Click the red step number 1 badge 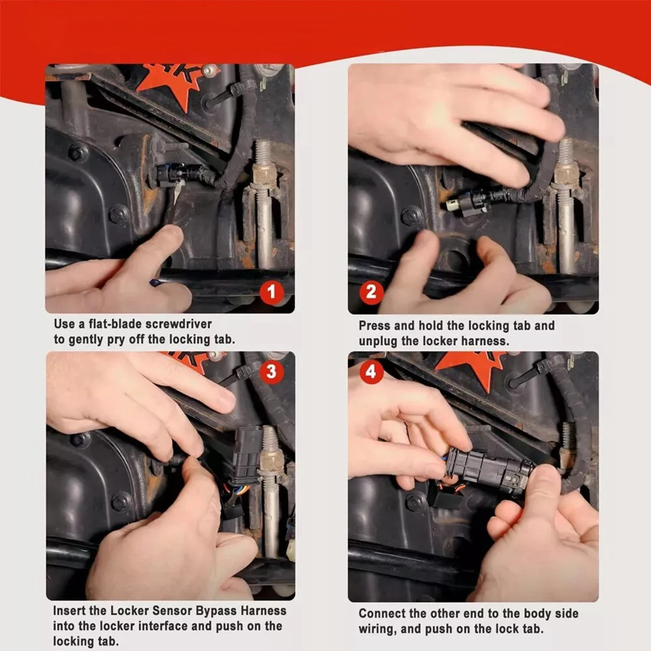coord(272,292)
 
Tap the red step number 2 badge coord(371,292)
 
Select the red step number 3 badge coord(271,372)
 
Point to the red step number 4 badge coord(371,372)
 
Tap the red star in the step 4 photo coord(470,367)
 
